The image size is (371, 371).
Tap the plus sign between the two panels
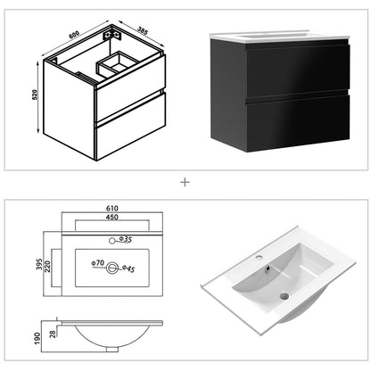click(x=185, y=181)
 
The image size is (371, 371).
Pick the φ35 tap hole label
click(x=127, y=241)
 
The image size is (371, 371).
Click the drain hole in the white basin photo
click(x=284, y=295)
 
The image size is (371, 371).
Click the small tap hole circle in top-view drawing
click(x=112, y=241)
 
